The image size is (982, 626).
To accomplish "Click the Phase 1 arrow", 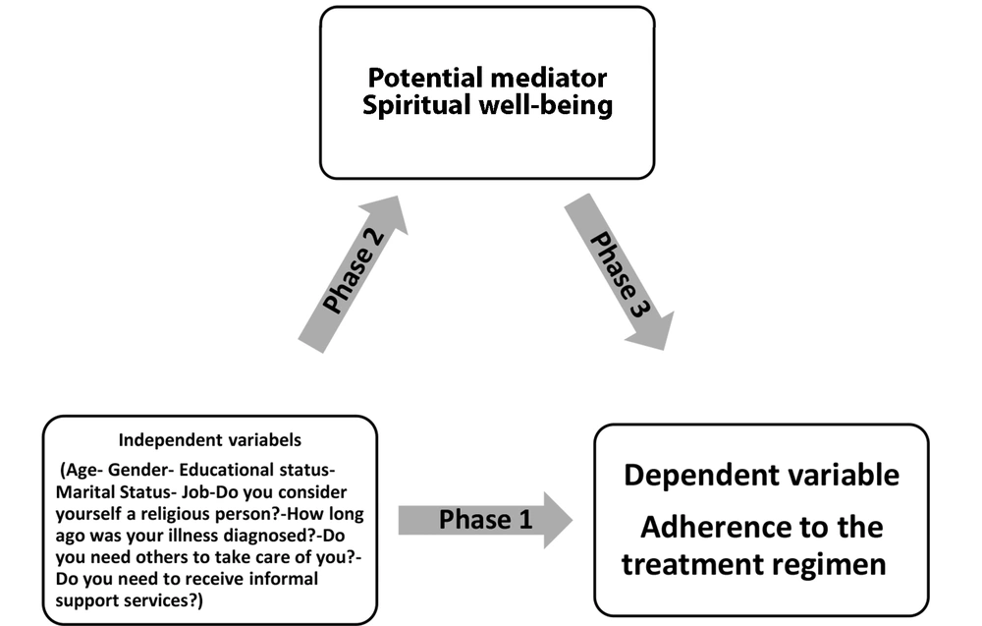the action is (x=485, y=520).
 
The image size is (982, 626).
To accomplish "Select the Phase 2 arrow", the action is (x=354, y=274).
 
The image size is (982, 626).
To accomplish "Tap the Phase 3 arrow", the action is (x=620, y=272).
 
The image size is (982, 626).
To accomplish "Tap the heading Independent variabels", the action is (x=210, y=440).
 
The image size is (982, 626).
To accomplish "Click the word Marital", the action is (x=84, y=492).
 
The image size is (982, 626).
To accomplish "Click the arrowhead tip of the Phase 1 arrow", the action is (x=573, y=520).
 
